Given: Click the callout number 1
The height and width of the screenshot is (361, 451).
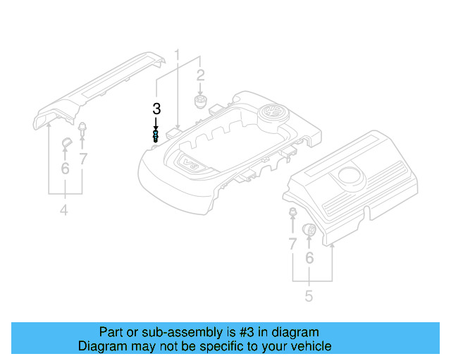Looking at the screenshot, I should [x=178, y=55].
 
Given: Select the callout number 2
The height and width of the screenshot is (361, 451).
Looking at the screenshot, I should [x=200, y=76].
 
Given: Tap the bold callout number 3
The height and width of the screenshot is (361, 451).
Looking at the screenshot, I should [x=156, y=109].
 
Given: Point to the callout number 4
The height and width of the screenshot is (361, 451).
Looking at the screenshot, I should [x=63, y=210].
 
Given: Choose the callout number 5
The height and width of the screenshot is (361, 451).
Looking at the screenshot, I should [x=309, y=296].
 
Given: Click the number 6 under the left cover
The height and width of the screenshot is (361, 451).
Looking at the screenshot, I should [x=65, y=168].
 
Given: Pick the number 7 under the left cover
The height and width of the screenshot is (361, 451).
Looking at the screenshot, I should [x=83, y=159].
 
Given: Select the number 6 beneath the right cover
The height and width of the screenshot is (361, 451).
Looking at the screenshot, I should [x=309, y=259].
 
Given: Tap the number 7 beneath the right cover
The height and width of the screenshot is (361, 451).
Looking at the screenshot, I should [x=292, y=245].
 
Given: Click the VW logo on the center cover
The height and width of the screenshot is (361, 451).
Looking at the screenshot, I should [x=273, y=113].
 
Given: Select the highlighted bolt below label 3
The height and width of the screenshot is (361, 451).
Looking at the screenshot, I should [x=156, y=135].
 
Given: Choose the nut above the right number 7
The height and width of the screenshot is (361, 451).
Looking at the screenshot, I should [x=292, y=214].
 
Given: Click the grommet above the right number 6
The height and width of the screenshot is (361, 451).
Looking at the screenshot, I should [x=309, y=229].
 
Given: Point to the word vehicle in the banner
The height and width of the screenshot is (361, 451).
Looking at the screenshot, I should [x=309, y=346].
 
